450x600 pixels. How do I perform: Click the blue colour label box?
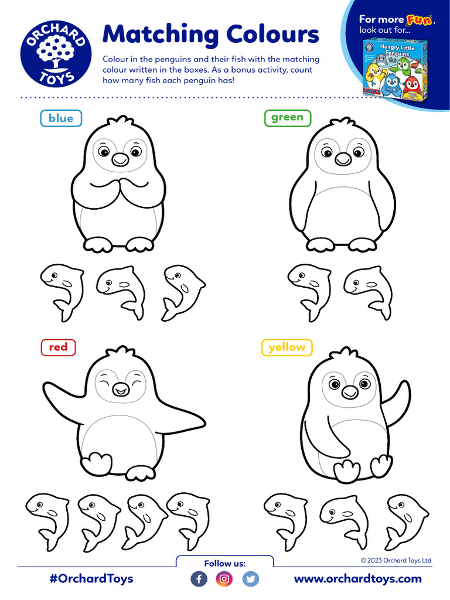tap(61, 118)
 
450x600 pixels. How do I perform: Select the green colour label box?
tap(287, 117)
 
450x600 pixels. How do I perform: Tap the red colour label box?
tap(58, 347)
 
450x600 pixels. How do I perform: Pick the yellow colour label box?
tap(287, 347)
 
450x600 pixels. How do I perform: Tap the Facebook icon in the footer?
tap(199, 579)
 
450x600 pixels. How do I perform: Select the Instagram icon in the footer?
tap(224, 579)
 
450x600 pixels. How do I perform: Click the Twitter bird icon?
tap(250, 579)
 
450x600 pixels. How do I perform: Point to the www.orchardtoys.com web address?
tap(357, 578)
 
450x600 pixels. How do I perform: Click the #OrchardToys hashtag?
tap(91, 578)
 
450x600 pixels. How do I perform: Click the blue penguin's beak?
tap(120, 159)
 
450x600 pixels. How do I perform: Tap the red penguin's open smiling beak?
tap(121, 389)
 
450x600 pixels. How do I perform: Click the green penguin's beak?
tap(343, 158)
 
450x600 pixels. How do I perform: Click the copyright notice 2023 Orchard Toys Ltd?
tap(396, 560)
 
